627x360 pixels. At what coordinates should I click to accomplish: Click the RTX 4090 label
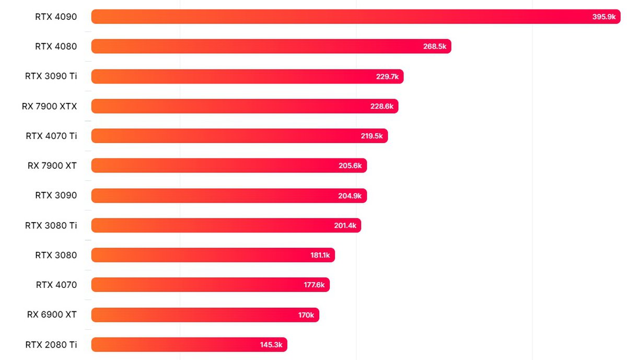(x=56, y=17)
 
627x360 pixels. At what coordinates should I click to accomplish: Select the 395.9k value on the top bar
(x=604, y=17)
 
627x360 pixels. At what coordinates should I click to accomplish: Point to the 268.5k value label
(x=435, y=47)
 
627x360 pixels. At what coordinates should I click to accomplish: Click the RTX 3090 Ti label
(x=51, y=76)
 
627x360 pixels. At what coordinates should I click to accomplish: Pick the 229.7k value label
(x=387, y=76)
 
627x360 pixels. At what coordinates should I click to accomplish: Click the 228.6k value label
(x=382, y=106)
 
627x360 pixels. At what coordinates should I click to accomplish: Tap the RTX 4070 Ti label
(x=51, y=136)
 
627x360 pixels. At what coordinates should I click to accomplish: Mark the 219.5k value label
(x=371, y=136)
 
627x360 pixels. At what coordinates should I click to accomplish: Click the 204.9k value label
(x=350, y=195)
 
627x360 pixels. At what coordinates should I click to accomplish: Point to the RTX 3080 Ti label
(x=51, y=225)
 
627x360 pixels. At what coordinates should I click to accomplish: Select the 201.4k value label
(x=345, y=225)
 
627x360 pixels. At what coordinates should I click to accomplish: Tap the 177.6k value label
(x=313, y=285)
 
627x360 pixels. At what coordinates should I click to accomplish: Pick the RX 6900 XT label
(x=52, y=315)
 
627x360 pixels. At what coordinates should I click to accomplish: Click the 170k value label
(x=306, y=315)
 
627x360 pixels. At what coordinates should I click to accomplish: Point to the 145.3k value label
(x=271, y=344)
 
